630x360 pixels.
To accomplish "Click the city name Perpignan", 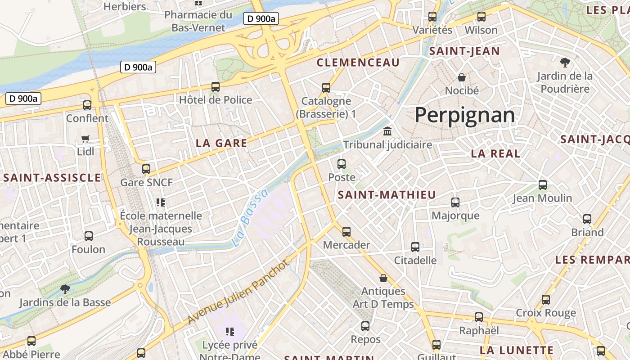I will click(464, 115).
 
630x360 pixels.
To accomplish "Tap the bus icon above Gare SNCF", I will click(146, 169).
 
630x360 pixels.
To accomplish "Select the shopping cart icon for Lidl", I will click(85, 139).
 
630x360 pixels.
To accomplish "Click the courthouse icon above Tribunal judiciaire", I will click(387, 131).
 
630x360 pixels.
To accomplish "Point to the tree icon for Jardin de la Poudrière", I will click(565, 63).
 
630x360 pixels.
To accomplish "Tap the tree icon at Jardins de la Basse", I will click(65, 289).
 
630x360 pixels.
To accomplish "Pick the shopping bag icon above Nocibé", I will click(462, 77).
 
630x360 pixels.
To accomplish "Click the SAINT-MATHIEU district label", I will click(387, 195).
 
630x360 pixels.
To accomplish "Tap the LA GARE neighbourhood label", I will click(221, 144).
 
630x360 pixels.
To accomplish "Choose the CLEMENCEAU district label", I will click(358, 63).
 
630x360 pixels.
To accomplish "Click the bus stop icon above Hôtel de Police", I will click(216, 87).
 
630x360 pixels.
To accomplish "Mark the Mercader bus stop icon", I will click(346, 232).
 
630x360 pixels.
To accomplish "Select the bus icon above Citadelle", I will click(415, 247).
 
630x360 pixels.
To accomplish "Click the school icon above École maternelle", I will click(161, 202).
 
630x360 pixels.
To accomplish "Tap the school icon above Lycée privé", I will click(230, 332).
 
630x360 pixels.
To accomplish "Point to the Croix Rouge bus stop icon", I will click(546, 300).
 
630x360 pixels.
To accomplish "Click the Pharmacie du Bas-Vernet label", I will click(198, 21).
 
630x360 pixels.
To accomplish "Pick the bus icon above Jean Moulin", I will click(543, 185).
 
